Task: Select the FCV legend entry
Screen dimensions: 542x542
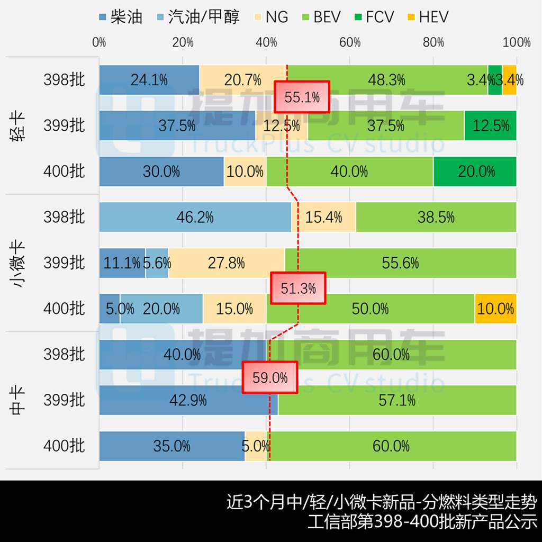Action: tap(373, 16)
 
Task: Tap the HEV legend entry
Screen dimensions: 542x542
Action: tap(428, 16)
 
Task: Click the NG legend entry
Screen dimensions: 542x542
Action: tap(270, 16)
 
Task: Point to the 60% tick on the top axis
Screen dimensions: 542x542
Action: tap(350, 43)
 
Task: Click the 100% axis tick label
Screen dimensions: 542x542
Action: tap(517, 43)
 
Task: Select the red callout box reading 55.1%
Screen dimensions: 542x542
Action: tap(302, 97)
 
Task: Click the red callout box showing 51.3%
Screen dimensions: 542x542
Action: tap(298, 288)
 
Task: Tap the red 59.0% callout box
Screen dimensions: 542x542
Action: tap(270, 378)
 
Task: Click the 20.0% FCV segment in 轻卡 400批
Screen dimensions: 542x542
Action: tap(475, 171)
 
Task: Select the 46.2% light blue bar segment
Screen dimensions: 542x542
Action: tap(195, 217)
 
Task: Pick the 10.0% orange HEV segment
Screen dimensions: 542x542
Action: tap(495, 309)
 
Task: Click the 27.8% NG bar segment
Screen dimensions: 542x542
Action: tap(227, 263)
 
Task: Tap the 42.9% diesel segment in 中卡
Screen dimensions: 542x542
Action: tap(188, 400)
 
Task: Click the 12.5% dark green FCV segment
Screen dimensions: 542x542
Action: tap(490, 126)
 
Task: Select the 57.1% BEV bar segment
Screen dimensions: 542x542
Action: tap(397, 400)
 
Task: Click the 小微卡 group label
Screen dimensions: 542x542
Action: tap(18, 263)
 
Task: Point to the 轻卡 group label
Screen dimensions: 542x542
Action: tap(18, 125)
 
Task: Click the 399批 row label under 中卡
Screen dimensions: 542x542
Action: tap(64, 400)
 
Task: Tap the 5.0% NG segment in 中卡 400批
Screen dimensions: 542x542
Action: tap(255, 446)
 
